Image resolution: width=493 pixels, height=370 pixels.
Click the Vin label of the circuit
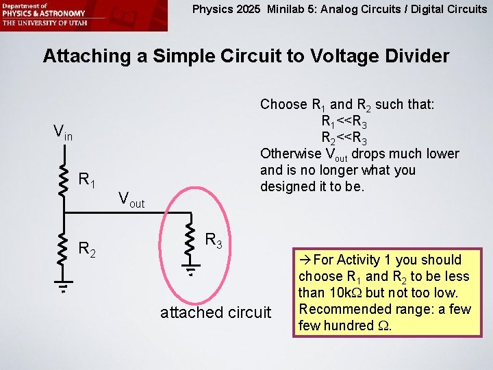click(66, 132)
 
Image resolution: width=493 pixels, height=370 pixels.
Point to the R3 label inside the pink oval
click(214, 241)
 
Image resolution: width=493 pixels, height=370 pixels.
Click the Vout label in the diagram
click(131, 199)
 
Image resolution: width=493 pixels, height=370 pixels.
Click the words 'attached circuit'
click(216, 312)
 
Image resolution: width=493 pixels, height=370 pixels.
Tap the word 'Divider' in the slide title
click(412, 56)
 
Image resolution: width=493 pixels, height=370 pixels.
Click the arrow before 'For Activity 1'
click(305, 260)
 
